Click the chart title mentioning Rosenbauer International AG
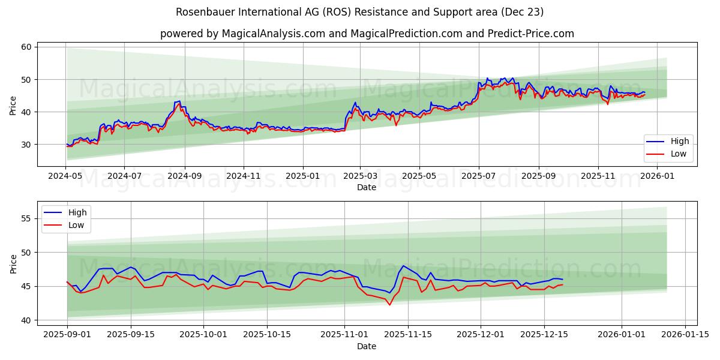pyautogui.click(x=360, y=12)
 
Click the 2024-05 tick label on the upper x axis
pyautogui.click(x=66, y=176)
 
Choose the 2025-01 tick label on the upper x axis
pyautogui.click(x=302, y=176)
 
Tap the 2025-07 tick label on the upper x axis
pyautogui.click(x=478, y=176)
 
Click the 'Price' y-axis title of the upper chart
pyautogui.click(x=13, y=104)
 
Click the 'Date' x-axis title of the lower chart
pyautogui.click(x=367, y=346)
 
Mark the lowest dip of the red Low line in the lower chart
pyautogui.click(x=389, y=305)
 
